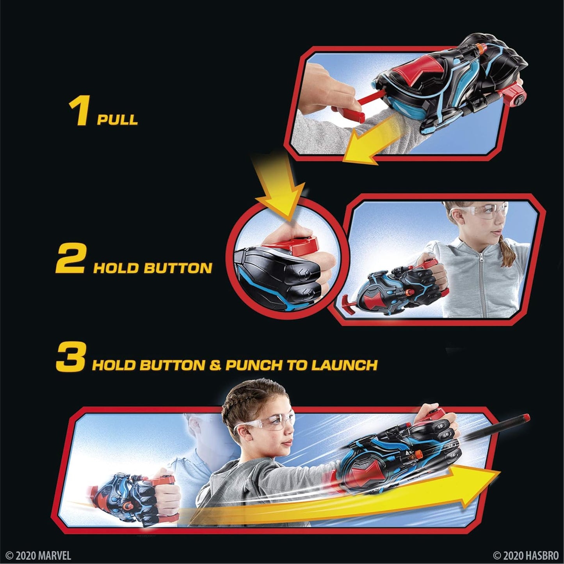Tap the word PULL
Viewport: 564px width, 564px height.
(x=117, y=119)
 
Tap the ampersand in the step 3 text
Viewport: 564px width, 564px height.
(x=215, y=366)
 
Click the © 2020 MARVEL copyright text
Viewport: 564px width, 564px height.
(x=38, y=555)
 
